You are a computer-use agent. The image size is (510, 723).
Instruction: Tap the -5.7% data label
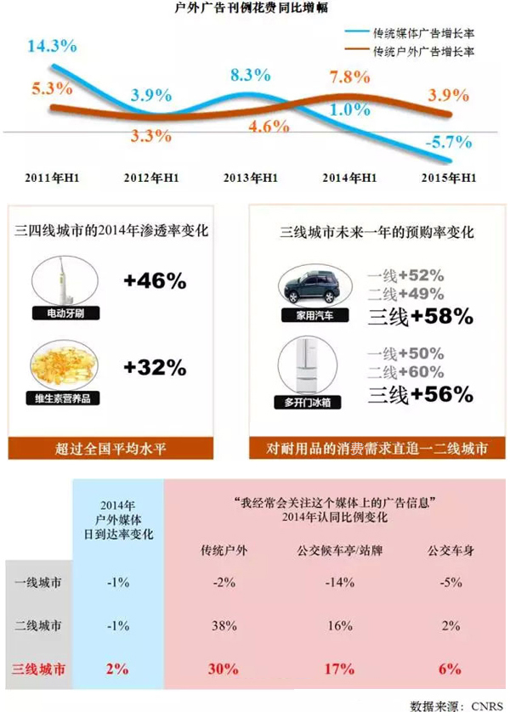pyautogui.click(x=442, y=142)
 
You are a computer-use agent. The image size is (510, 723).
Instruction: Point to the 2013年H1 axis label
pyautogui.click(x=251, y=178)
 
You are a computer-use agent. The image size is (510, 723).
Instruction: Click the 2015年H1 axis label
pyautogui.click(x=450, y=178)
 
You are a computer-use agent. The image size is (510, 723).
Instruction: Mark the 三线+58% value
pyautogui.click(x=419, y=317)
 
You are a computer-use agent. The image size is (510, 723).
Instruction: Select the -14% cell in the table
pyautogui.click(x=341, y=584)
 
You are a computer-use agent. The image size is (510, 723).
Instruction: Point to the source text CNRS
pyautogui.click(x=489, y=706)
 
